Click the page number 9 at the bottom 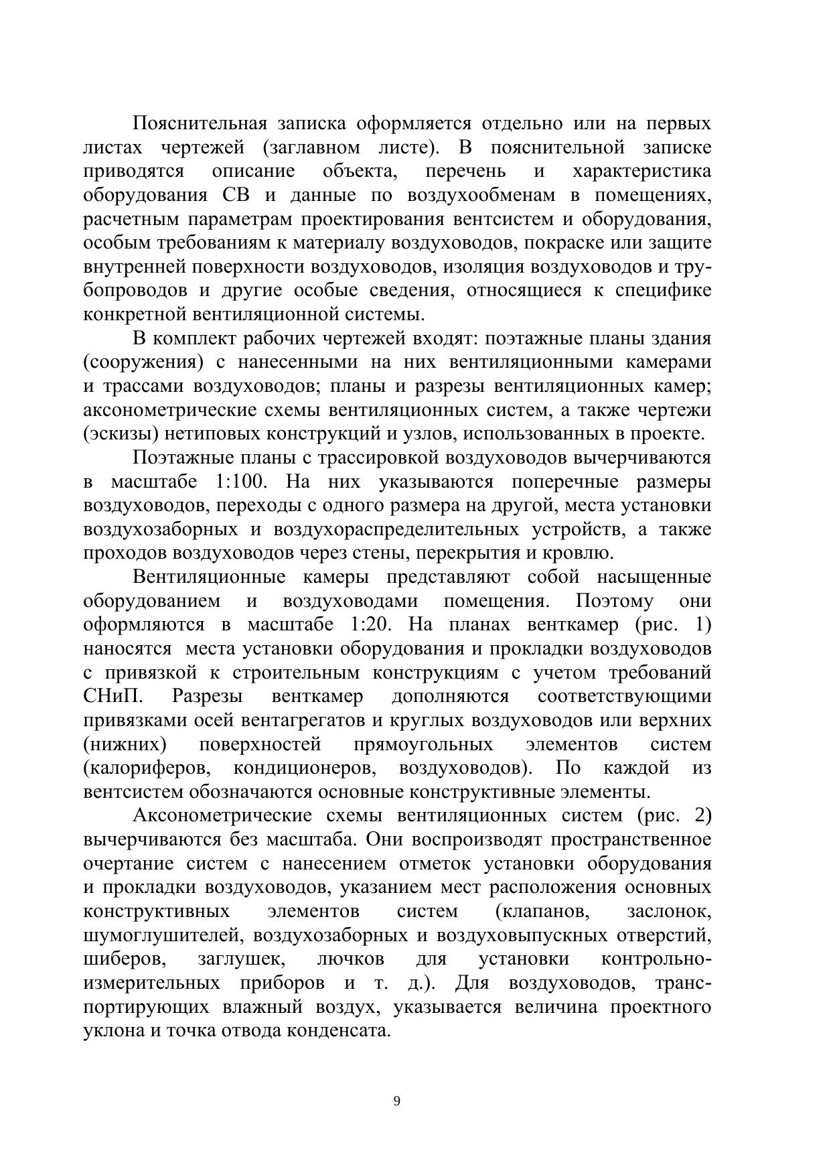pyautogui.click(x=397, y=1101)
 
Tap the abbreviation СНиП pyautogui.click(x=113, y=696)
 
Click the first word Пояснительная pyautogui.click(x=200, y=123)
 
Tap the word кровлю pyautogui.click(x=580, y=553)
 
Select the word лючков pyautogui.click(x=350, y=959)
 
